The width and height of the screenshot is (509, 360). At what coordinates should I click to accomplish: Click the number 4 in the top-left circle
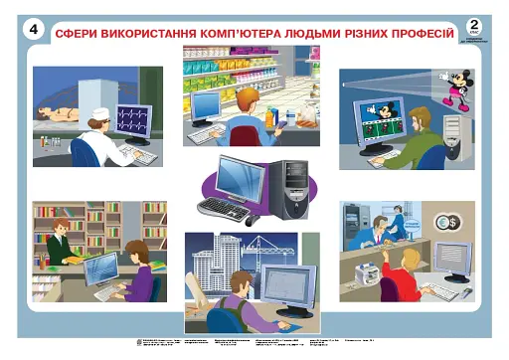point(34,31)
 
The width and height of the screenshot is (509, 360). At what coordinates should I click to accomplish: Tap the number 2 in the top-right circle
point(476,25)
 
